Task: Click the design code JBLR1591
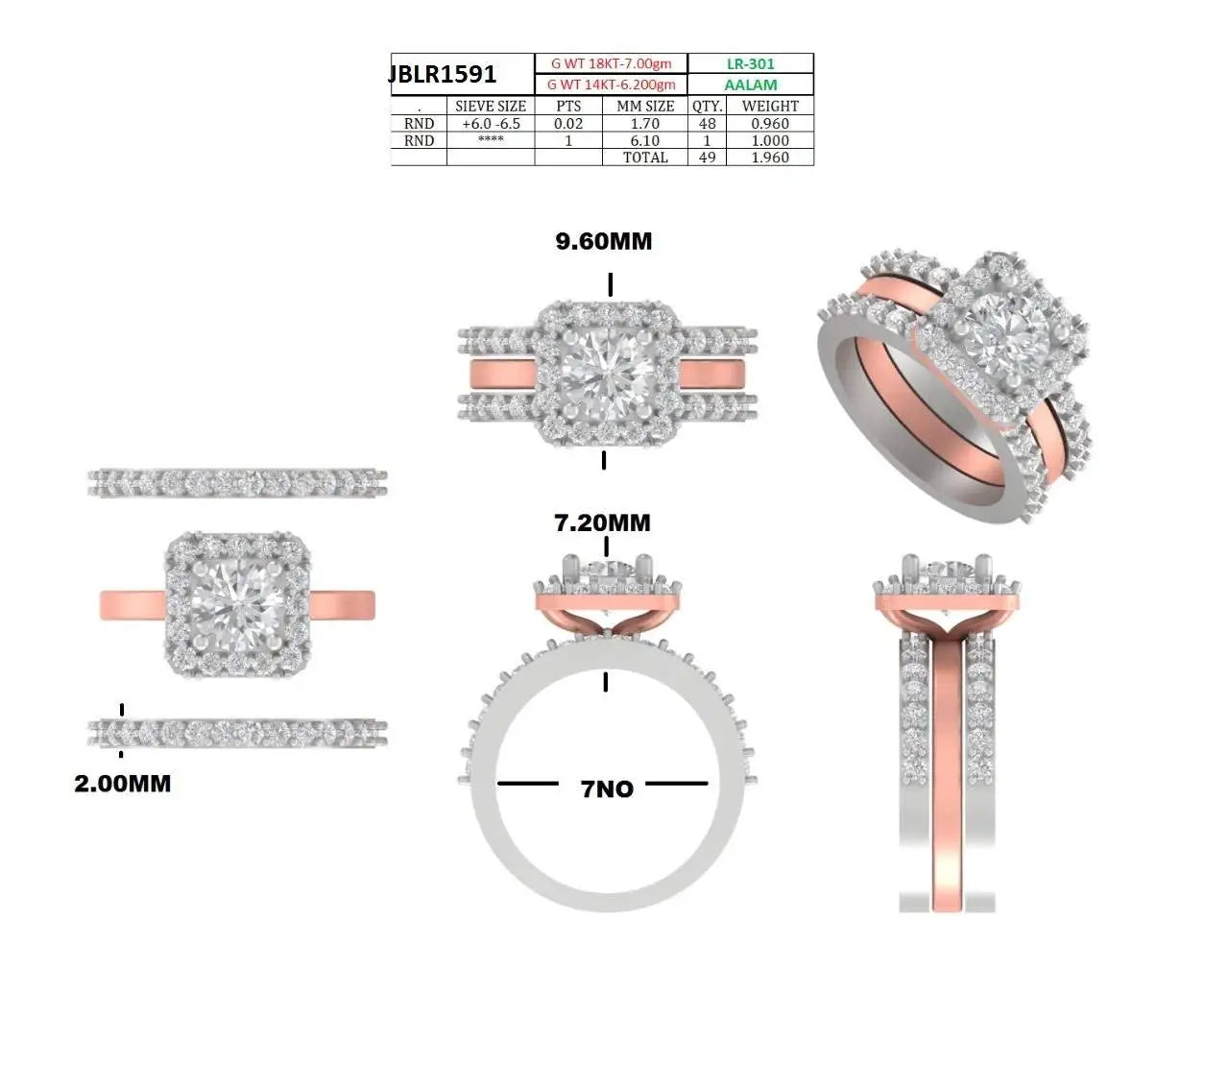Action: (x=443, y=74)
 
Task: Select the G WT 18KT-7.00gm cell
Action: (x=611, y=63)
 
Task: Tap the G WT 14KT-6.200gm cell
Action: (x=611, y=85)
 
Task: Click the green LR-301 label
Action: (x=751, y=63)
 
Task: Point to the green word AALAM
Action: (x=751, y=85)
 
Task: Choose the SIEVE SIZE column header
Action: (x=490, y=107)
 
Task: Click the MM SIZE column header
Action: (x=645, y=107)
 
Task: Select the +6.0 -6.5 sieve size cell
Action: (x=491, y=124)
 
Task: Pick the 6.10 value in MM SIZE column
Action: (x=645, y=141)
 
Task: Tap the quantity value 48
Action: (x=707, y=124)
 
